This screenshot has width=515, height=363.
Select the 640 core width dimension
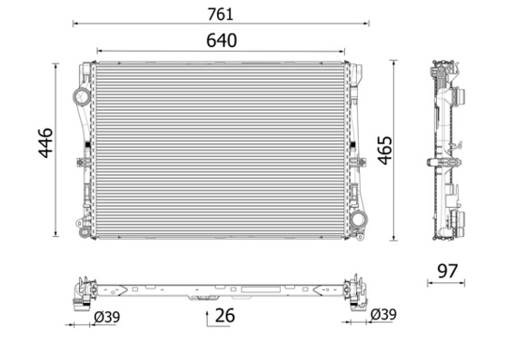click(220, 41)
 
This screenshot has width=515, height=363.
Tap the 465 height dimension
click(385, 150)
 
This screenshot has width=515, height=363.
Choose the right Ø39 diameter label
click(384, 315)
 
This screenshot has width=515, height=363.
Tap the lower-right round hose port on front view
click(361, 218)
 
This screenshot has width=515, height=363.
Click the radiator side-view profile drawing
click(448, 151)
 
